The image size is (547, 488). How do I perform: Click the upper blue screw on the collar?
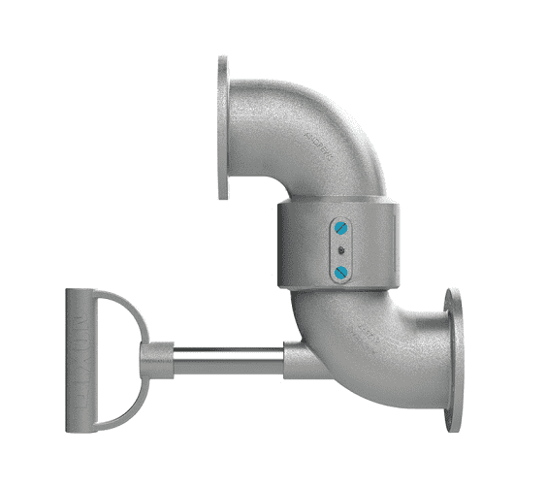[x=340, y=229]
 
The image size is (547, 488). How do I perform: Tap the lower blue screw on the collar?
[x=340, y=273]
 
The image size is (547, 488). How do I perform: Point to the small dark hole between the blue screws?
[x=340, y=250]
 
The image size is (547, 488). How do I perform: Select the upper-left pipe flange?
[x=223, y=127]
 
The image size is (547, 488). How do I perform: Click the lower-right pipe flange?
[x=453, y=359]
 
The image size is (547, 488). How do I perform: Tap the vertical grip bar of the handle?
[x=78, y=359]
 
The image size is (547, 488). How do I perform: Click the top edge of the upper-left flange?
[x=223, y=59]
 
